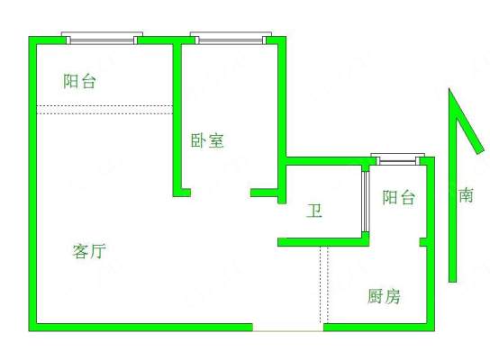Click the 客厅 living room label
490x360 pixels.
click(x=89, y=251)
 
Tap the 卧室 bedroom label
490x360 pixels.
click(x=207, y=140)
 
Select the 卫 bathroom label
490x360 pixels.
click(x=314, y=211)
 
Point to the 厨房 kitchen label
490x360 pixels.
click(x=384, y=296)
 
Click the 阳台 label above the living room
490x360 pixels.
click(x=79, y=81)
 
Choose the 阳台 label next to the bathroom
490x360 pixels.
click(x=399, y=197)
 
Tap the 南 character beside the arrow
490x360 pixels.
click(x=466, y=195)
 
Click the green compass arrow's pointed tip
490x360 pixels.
click(x=449, y=89)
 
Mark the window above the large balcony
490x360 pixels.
click(x=102, y=38)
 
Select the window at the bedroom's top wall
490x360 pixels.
click(x=231, y=38)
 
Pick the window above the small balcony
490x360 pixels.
click(x=397, y=159)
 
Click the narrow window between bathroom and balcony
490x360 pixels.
click(x=366, y=202)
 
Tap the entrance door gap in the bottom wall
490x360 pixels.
click(x=288, y=328)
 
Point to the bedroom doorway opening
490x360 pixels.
click(x=221, y=193)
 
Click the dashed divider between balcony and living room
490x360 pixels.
click(x=104, y=110)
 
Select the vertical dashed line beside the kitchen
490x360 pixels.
click(x=324, y=284)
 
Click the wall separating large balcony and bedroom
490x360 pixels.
click(x=177, y=116)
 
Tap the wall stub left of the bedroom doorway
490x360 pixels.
click(x=182, y=193)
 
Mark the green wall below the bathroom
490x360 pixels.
click(x=323, y=242)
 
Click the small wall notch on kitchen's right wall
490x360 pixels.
click(x=423, y=242)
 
